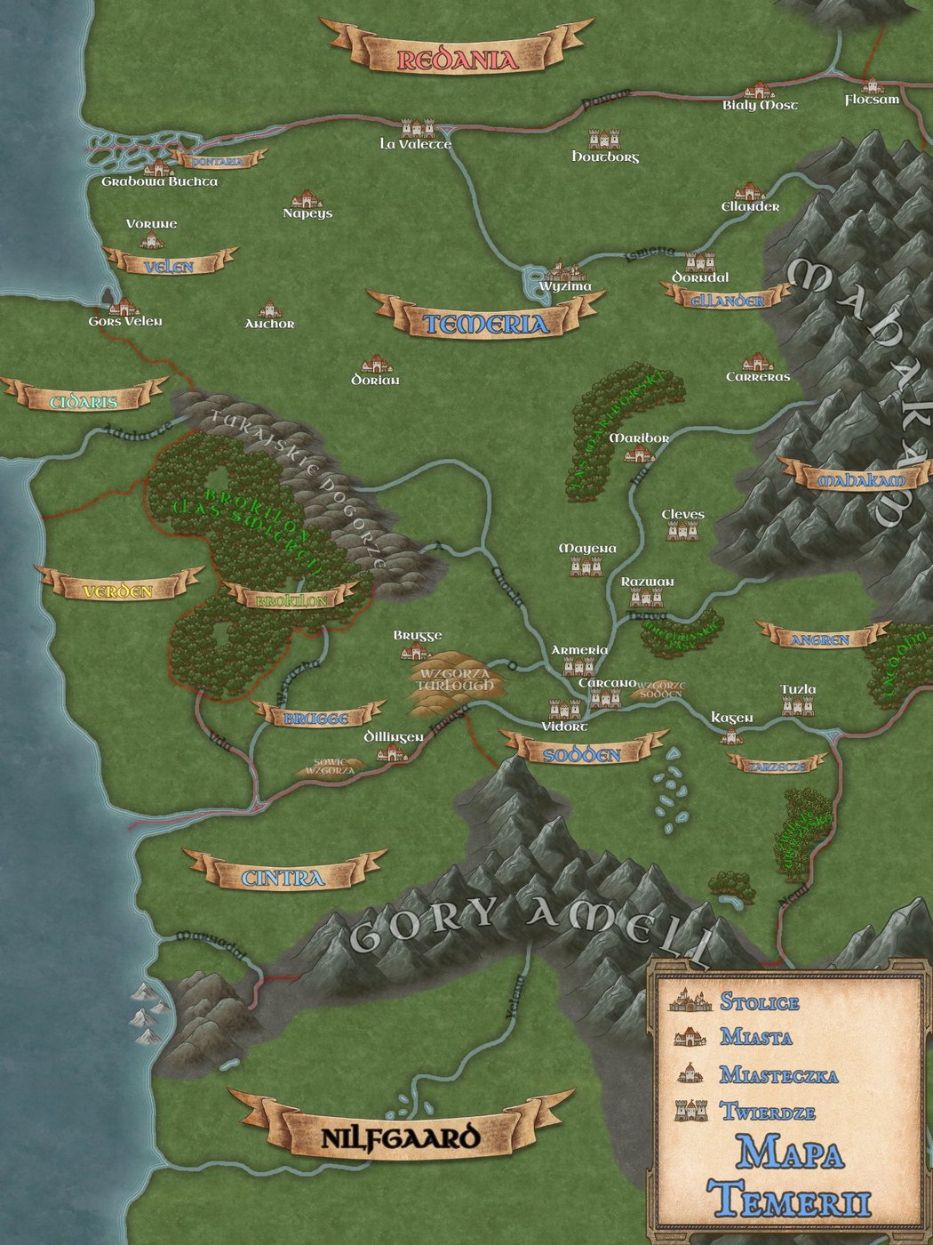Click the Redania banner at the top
click(x=456, y=59)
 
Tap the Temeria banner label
click(x=485, y=324)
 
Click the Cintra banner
click(x=283, y=878)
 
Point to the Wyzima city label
click(x=565, y=286)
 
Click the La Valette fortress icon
click(x=417, y=128)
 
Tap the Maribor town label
click(x=639, y=438)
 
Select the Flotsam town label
click(x=872, y=100)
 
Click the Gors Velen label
click(x=125, y=321)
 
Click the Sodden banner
click(x=582, y=754)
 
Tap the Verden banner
click(x=118, y=591)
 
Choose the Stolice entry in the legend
click(x=759, y=1001)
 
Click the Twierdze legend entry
click(x=768, y=1111)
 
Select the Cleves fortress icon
click(x=682, y=531)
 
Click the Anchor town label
click(x=269, y=324)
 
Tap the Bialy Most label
click(x=760, y=105)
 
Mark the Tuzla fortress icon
click(x=797, y=705)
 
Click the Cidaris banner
click(x=84, y=402)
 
